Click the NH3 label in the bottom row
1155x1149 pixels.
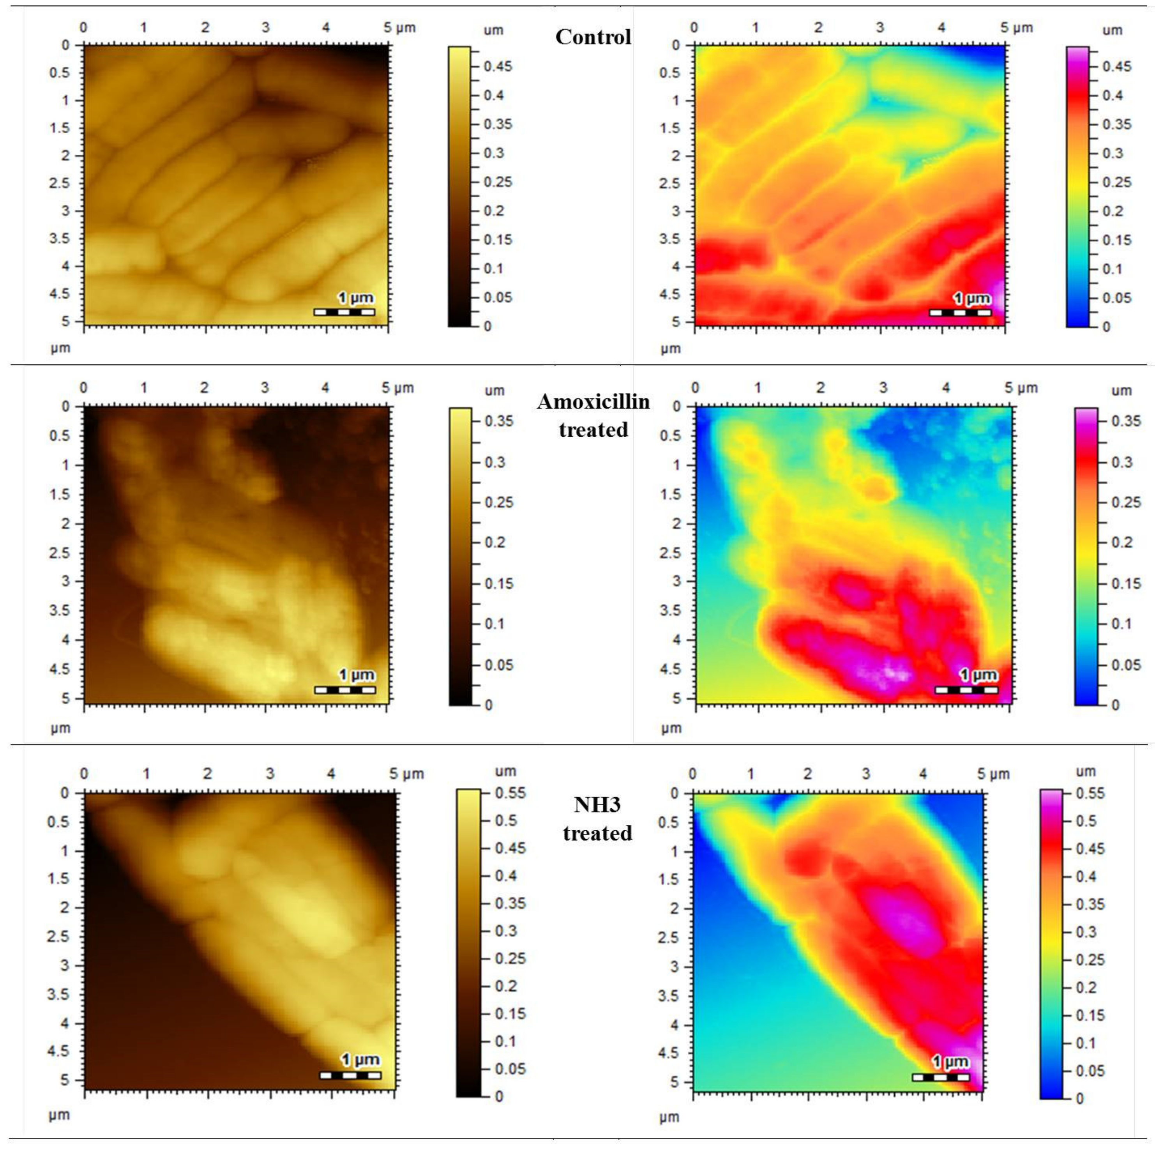click(597, 805)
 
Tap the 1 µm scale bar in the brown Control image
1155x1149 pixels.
click(344, 311)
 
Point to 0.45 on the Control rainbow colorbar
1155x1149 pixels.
click(1117, 66)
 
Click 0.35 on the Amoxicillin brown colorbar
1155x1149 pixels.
click(498, 421)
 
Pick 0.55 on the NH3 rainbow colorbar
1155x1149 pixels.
click(1090, 793)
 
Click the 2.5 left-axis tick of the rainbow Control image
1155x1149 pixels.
click(669, 183)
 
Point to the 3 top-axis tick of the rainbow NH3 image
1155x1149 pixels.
click(865, 774)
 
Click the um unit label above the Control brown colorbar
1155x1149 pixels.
click(493, 30)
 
